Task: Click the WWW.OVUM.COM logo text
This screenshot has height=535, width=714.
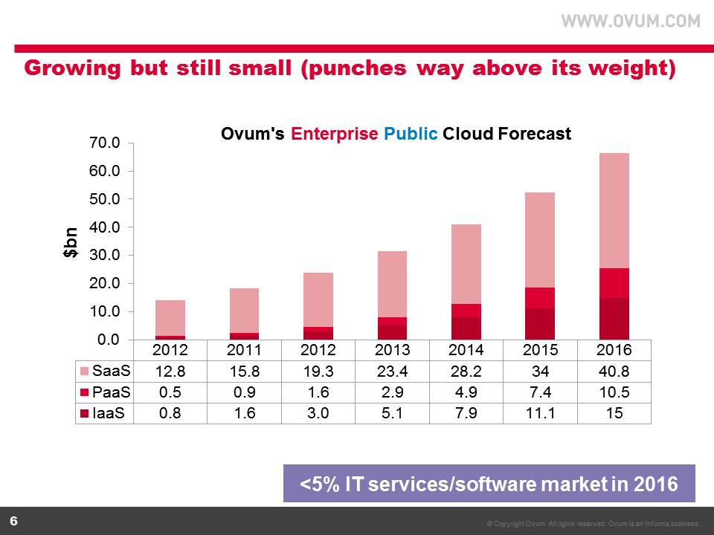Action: click(x=630, y=22)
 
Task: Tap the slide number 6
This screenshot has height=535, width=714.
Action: click(x=13, y=520)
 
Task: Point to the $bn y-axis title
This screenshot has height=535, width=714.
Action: click(x=70, y=241)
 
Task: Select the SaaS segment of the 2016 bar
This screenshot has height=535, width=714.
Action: click(x=614, y=211)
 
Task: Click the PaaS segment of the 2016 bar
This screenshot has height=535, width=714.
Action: click(x=614, y=283)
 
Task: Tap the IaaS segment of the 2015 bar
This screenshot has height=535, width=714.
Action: click(x=541, y=324)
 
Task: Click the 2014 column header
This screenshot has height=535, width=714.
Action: click(x=467, y=350)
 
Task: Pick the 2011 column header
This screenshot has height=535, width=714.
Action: click(x=245, y=350)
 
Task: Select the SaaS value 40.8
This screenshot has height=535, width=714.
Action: click(x=614, y=370)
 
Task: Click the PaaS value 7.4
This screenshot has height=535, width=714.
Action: click(x=541, y=392)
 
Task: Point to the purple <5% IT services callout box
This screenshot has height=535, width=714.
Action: click(x=489, y=484)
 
